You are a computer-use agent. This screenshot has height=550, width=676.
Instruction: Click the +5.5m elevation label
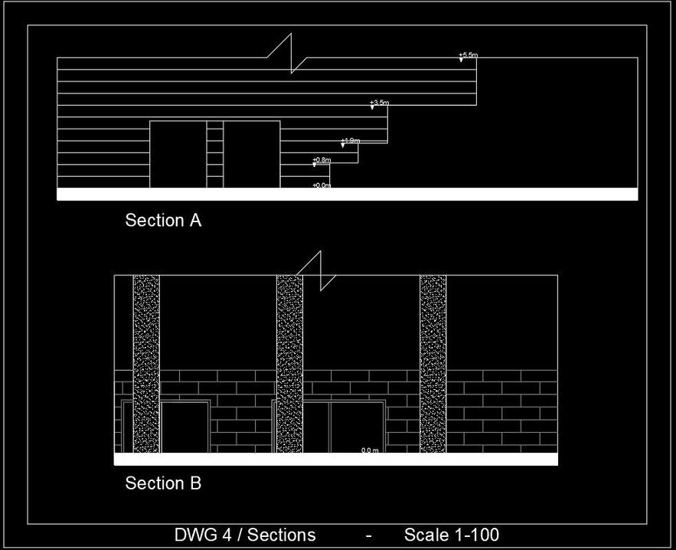(x=468, y=55)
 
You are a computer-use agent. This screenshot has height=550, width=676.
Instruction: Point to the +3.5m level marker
(x=380, y=103)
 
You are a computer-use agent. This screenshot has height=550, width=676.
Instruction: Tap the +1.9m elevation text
(x=351, y=141)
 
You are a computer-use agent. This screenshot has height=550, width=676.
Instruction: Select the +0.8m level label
(x=322, y=160)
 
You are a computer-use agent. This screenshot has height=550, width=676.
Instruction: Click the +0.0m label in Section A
(x=322, y=185)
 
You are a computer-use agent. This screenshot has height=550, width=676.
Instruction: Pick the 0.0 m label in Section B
(x=370, y=450)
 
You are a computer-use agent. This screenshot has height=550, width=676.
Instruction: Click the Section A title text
(x=163, y=221)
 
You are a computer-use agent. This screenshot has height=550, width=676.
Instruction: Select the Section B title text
(x=163, y=483)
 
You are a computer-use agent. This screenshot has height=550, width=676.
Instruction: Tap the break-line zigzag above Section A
(x=292, y=54)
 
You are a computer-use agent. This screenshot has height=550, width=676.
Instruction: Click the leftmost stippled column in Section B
(x=146, y=364)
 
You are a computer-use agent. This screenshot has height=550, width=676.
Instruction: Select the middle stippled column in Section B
(x=289, y=364)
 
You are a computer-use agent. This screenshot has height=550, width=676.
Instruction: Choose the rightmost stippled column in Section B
(x=433, y=364)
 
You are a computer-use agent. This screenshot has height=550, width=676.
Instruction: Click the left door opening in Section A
(x=178, y=154)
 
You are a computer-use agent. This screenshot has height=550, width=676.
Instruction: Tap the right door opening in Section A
(x=251, y=154)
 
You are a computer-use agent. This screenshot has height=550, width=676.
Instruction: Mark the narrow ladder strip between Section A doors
(x=215, y=154)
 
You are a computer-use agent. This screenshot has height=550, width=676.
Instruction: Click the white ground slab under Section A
(x=347, y=194)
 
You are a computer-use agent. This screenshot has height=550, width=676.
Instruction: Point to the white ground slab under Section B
(x=335, y=459)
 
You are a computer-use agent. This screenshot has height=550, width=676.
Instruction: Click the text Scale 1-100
(x=452, y=535)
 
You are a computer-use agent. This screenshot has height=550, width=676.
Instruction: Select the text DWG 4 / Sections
(x=245, y=535)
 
